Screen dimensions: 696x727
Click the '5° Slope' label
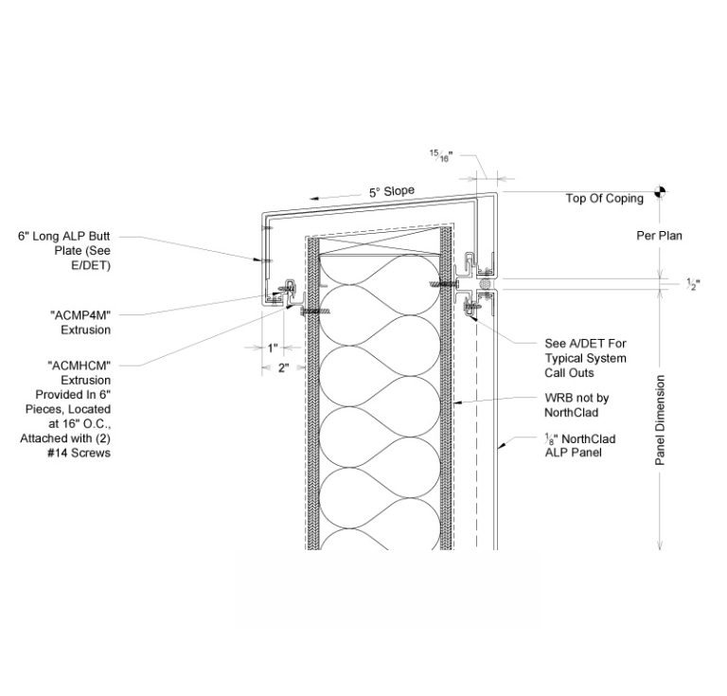click(391, 191)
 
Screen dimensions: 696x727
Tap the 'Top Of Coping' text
click(604, 198)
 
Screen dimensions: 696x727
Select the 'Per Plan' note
click(659, 235)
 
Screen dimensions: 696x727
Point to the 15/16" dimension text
click(440, 156)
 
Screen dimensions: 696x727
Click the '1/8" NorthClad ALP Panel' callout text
click(576, 444)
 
